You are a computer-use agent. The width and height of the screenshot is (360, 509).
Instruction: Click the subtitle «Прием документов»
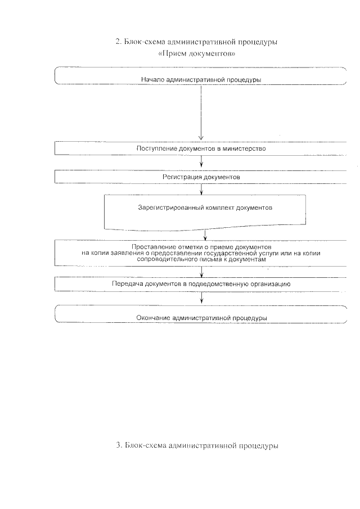tap(196, 55)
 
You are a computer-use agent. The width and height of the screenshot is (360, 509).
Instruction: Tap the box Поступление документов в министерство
tap(201, 149)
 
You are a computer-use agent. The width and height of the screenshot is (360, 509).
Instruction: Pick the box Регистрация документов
tap(201, 177)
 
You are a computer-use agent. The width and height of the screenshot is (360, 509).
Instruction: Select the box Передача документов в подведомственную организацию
tap(201, 284)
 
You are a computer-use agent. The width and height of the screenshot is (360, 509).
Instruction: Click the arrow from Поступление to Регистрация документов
tap(201, 163)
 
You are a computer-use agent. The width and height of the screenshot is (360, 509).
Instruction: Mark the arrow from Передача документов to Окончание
tap(201, 298)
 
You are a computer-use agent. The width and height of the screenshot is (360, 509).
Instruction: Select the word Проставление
tap(150, 247)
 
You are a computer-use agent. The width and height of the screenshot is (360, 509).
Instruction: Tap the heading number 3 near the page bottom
tap(118, 445)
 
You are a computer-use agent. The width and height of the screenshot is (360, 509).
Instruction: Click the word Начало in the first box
tap(153, 79)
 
